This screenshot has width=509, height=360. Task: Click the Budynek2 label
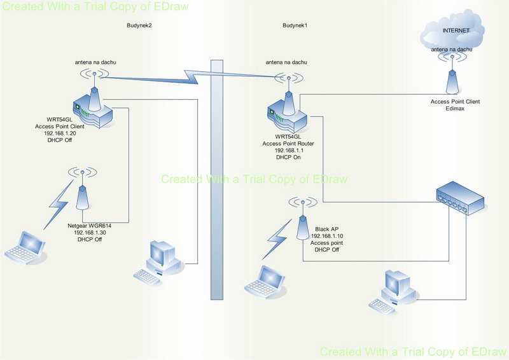139,25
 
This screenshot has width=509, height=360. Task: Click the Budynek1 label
295,25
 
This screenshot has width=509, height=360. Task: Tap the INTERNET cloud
452,30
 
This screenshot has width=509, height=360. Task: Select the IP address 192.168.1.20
60,134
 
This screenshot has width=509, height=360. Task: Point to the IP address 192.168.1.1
289,150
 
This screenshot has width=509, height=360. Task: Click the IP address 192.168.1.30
90,232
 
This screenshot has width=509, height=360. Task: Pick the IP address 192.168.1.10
327,236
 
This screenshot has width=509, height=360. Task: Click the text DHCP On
288,157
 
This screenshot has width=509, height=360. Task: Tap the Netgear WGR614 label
90,226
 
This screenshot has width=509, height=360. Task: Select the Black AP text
326,229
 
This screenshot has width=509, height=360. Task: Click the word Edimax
455,108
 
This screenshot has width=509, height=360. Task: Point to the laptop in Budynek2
25,247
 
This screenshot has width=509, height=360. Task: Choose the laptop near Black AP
265,281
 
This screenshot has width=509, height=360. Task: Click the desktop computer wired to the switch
393,291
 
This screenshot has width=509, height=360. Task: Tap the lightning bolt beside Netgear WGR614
59,204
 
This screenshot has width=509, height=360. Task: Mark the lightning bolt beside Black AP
277,240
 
